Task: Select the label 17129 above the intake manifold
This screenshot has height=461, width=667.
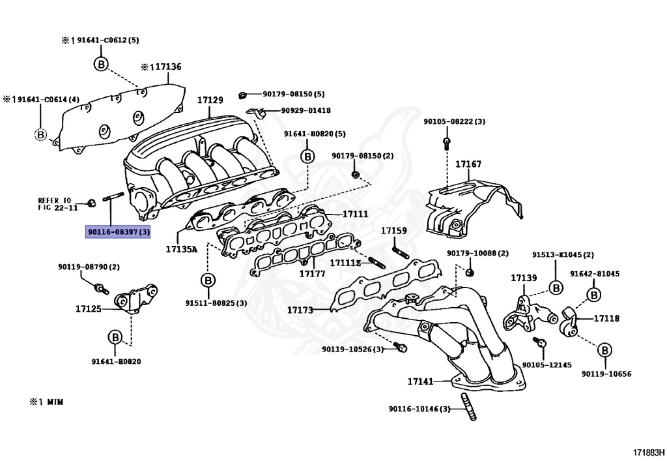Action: pos(210,100)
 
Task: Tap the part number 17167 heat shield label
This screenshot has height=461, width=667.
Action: pos(468,164)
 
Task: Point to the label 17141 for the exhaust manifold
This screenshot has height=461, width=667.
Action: pos(420,381)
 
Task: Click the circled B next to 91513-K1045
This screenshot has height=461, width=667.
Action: pos(556,287)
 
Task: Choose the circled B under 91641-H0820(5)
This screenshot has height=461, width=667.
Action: pos(307,156)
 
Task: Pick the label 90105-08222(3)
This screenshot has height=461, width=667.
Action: pos(454,121)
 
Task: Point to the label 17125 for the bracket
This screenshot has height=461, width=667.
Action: pos(88,308)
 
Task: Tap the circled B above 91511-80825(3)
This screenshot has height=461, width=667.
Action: pos(208,280)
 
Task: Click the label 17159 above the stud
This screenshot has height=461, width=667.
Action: pos(394,230)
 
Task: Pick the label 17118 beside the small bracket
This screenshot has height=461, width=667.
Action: pos(606,318)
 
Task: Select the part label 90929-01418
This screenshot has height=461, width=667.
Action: pos(305,111)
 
